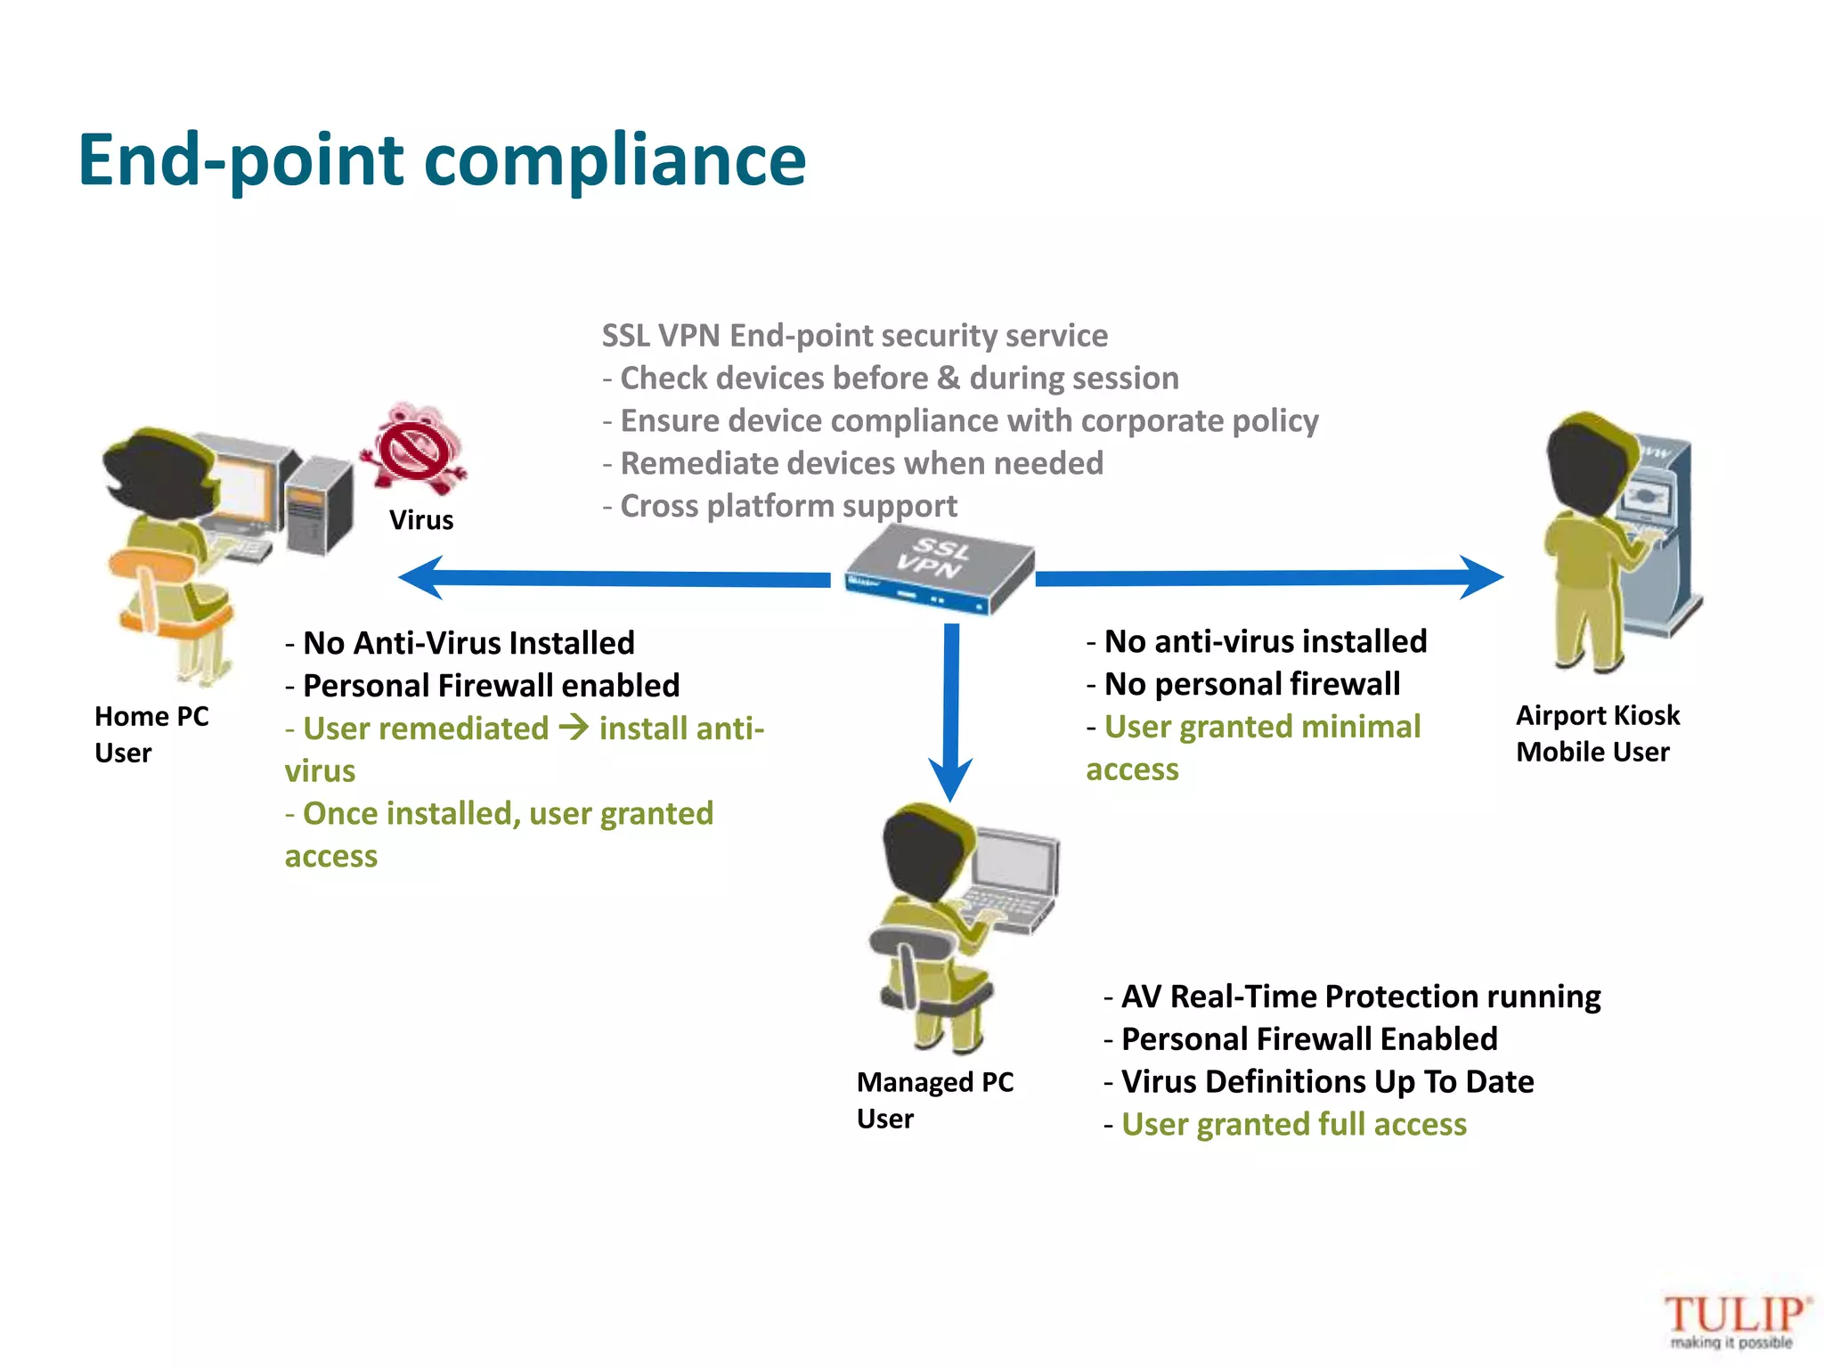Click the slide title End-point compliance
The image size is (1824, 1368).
pos(442,160)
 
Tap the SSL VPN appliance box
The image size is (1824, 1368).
pos(940,571)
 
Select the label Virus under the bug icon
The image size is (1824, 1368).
pos(421,520)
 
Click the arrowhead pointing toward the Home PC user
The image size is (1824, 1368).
pos(422,578)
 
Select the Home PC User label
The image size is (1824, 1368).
pos(151,734)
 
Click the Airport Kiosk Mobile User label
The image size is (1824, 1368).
pos(1597,733)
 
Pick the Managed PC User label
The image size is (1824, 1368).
pos(934,1100)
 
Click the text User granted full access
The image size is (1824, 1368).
pos(1293,1125)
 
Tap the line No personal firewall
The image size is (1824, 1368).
pos(1251,684)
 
